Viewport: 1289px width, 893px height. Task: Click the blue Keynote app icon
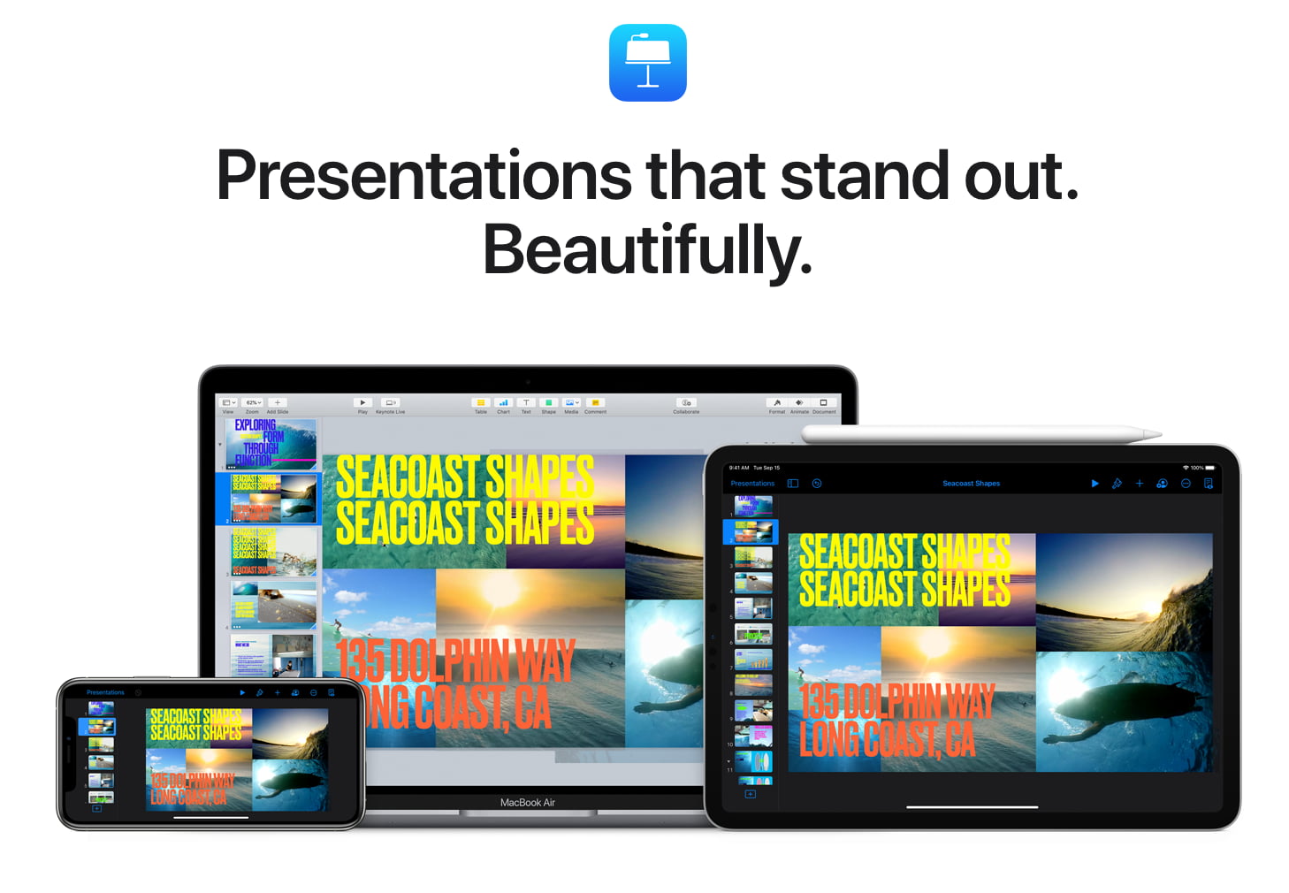647,63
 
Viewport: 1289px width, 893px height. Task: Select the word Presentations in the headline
423,175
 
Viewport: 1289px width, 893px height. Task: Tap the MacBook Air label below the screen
527,803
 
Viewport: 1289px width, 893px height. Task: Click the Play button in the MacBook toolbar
362,403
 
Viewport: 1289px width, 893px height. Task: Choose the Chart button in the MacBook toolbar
503,403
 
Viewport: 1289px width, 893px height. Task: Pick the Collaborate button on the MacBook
686,403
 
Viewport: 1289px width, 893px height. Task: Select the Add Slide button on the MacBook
277,403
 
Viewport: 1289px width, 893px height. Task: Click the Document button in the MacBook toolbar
824,403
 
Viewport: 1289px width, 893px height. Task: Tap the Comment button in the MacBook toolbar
595,403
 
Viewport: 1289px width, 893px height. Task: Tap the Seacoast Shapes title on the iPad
971,484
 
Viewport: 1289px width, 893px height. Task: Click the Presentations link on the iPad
752,484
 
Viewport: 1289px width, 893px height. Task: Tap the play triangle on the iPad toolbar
1095,484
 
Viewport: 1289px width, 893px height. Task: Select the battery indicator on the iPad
1209,468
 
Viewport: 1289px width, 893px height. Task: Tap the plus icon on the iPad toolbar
1140,484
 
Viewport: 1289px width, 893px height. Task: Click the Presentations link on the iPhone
105,692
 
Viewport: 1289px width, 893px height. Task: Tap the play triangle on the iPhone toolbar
242,692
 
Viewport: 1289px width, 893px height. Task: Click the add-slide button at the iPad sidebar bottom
750,794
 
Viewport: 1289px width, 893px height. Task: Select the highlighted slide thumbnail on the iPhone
100,727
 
